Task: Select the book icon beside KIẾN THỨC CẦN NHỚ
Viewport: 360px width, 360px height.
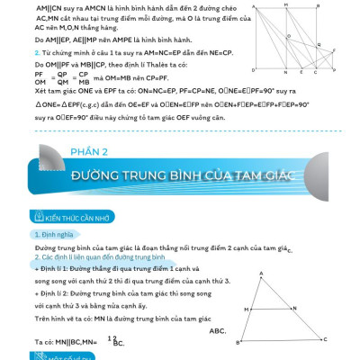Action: [x=36, y=217]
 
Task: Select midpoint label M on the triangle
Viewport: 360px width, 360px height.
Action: [x=247, y=307]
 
